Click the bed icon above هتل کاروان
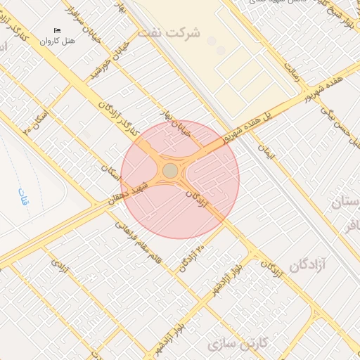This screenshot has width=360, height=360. pyautogui.click(x=57, y=30)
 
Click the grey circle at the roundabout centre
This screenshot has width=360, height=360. pyautogui.click(x=170, y=171)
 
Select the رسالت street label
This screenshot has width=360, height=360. pyautogui.click(x=292, y=71)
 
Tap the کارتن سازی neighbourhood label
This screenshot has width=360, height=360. pyautogui.click(x=239, y=344)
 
